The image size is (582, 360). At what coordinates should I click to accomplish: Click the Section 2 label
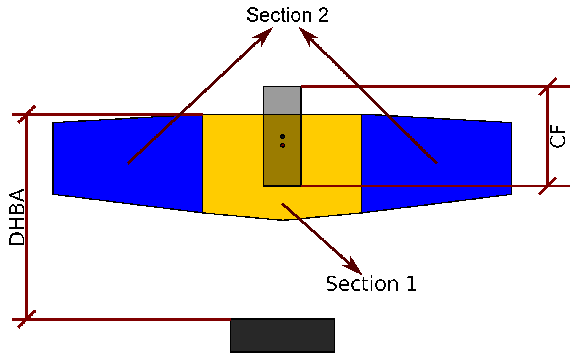(287, 15)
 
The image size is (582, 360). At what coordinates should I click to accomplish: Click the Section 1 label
(371, 284)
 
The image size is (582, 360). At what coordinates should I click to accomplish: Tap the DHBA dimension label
(17, 217)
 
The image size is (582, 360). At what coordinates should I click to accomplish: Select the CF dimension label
(558, 136)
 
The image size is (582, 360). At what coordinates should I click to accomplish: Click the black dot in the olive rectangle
(282, 137)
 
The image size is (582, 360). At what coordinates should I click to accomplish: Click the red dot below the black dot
(282, 145)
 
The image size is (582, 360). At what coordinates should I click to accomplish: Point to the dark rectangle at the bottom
(282, 335)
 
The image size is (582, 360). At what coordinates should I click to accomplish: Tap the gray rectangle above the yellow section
(282, 100)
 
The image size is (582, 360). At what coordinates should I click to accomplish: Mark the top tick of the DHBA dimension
(27, 114)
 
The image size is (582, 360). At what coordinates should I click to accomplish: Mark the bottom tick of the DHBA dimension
(27, 319)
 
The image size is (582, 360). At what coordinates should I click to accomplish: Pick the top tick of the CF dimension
(548, 87)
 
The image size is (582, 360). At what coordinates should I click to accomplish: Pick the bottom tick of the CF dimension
(548, 186)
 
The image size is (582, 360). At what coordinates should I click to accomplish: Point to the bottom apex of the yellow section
(282, 220)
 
